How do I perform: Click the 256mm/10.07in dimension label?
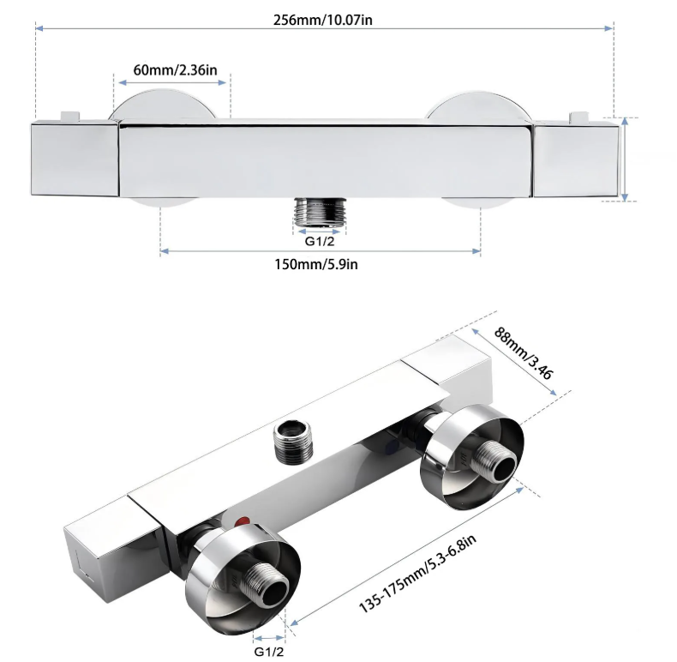click(322, 20)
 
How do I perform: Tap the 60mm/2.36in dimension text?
click(175, 70)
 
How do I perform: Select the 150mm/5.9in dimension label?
click(316, 264)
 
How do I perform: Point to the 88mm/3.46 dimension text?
click(524, 353)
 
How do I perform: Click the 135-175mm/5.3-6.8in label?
click(417, 573)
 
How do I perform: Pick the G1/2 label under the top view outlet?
click(320, 241)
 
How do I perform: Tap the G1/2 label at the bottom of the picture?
click(269, 651)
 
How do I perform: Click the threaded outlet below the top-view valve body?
click(320, 212)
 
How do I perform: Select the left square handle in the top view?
click(75, 159)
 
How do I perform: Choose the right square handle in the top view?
click(576, 159)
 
